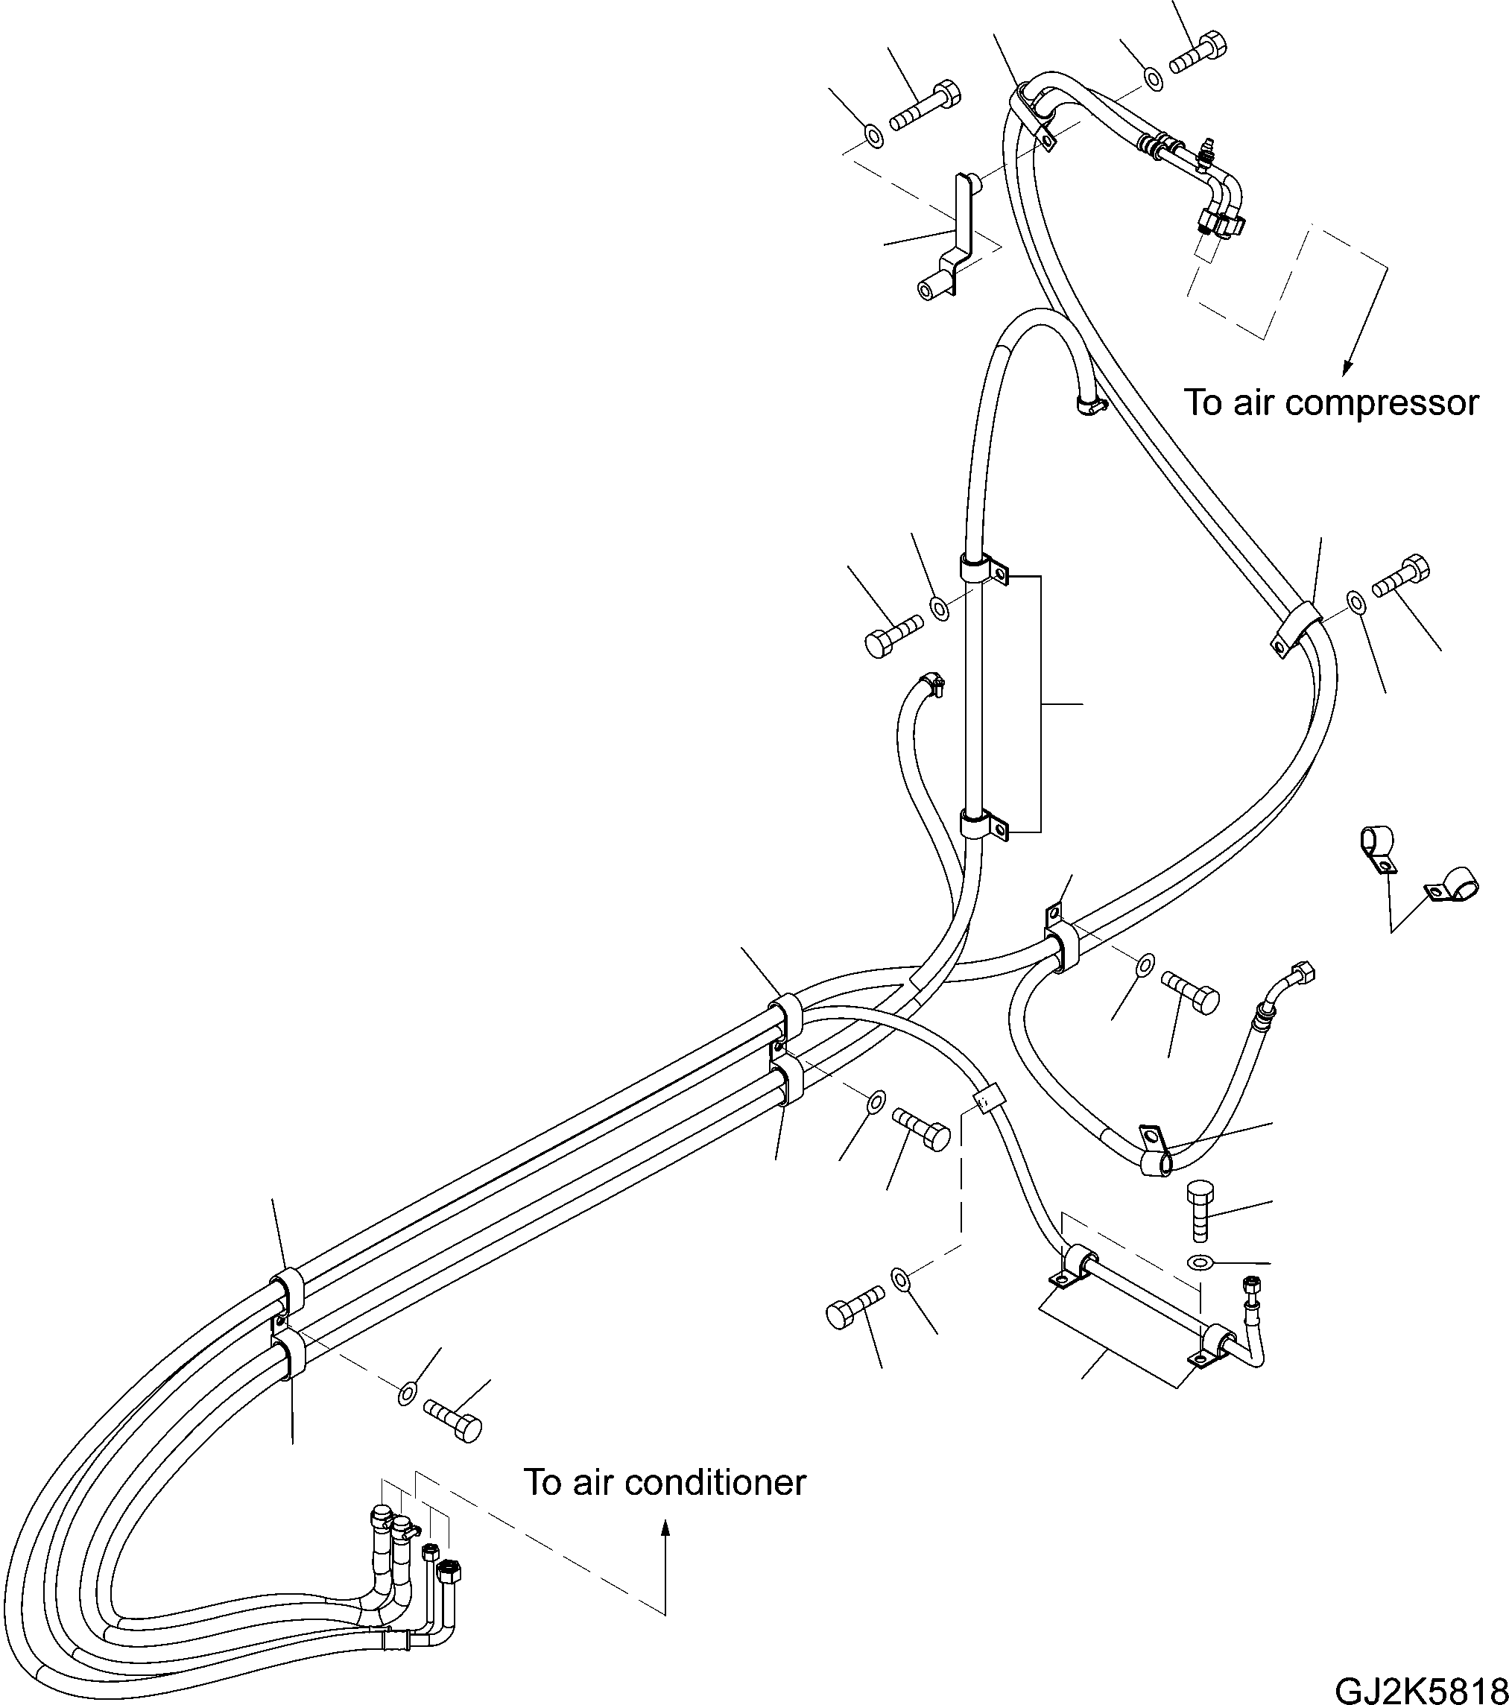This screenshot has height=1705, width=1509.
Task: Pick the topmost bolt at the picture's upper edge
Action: (x=1200, y=49)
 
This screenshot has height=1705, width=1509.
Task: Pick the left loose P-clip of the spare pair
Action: (x=1375, y=850)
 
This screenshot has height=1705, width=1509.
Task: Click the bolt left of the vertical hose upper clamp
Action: (x=893, y=634)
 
